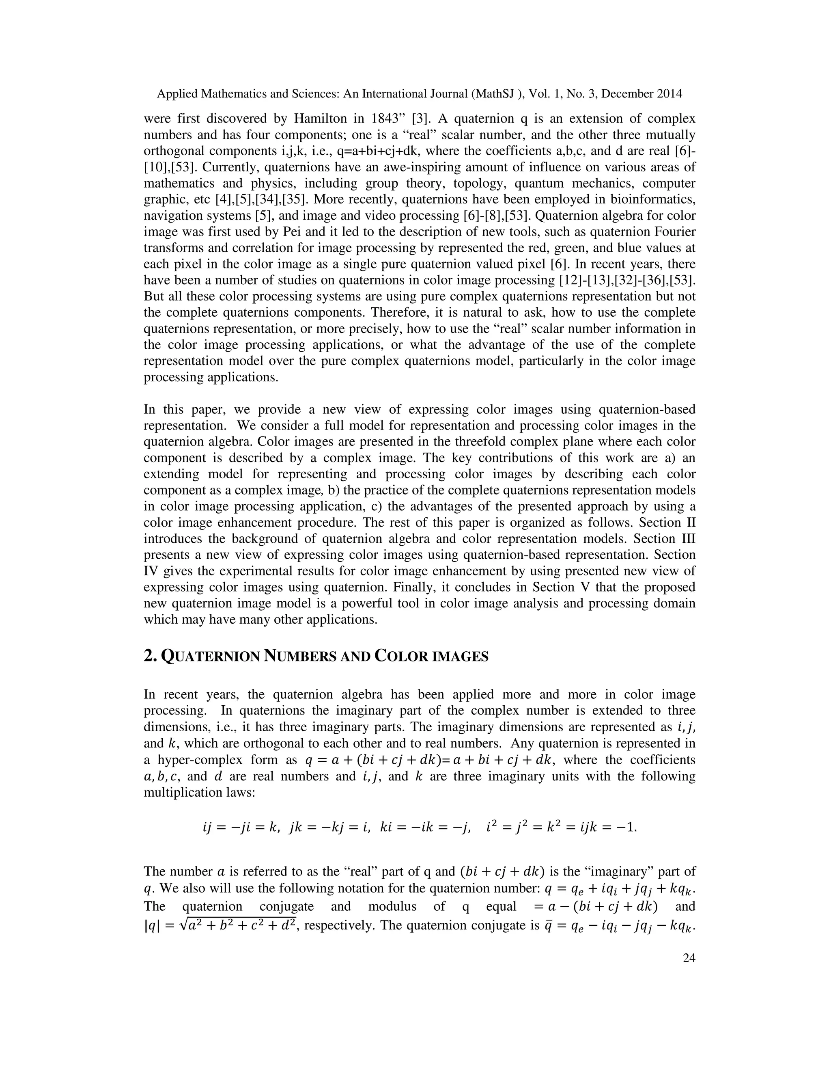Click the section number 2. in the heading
pyautogui.click(x=150, y=657)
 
